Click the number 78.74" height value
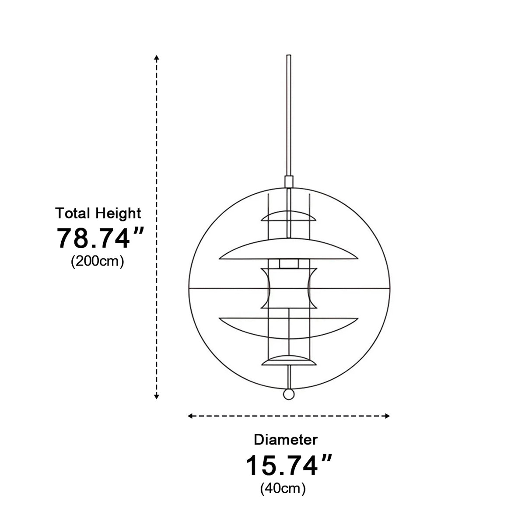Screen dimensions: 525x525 (x=100, y=238)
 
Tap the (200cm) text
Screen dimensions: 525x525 (x=98, y=261)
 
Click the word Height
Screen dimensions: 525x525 (x=119, y=213)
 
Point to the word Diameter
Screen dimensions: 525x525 (x=286, y=439)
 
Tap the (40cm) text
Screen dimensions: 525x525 (x=283, y=488)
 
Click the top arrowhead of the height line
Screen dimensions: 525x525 (x=157, y=57)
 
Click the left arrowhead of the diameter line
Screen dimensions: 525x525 (x=190, y=416)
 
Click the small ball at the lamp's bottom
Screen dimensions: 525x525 (x=288, y=394)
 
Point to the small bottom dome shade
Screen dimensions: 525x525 (x=288, y=360)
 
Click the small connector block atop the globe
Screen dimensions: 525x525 (x=288, y=182)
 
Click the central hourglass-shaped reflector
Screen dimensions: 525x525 (x=288, y=288)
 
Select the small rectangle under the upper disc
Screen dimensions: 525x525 (x=288, y=263)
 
